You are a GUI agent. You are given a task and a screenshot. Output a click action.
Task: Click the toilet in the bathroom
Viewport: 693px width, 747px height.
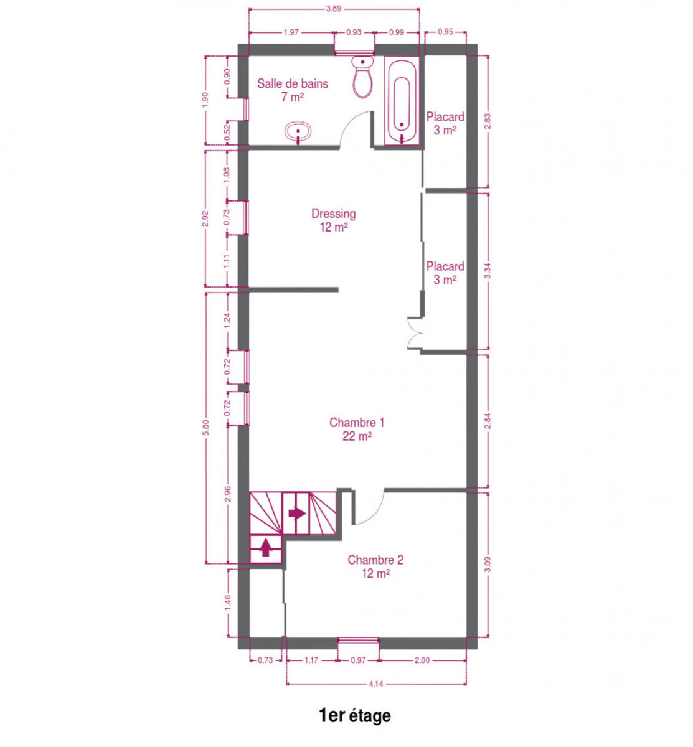point(362,77)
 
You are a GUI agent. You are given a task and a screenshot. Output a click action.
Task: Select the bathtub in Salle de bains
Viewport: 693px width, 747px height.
point(402,100)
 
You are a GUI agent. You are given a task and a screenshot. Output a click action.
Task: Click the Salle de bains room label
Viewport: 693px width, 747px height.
point(292,90)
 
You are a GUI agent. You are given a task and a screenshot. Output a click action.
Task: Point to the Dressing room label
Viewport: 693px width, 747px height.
point(333,220)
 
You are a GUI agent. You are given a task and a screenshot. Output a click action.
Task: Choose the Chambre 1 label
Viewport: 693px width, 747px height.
point(357,429)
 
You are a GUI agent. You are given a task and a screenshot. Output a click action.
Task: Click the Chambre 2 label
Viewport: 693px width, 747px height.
point(375,566)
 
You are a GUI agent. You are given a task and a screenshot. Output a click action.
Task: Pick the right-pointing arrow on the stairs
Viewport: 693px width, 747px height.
point(297,514)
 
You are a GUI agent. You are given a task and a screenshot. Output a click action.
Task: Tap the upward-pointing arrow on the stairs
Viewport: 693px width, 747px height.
point(266,547)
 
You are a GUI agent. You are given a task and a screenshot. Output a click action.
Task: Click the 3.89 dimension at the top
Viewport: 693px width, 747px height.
point(333,9)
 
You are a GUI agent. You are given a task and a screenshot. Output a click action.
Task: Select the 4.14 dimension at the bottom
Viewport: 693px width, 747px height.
point(376,684)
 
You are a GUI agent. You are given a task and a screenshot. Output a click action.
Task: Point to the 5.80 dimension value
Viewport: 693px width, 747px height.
point(205,427)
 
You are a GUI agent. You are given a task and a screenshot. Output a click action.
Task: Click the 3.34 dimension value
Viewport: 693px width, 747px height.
point(488,271)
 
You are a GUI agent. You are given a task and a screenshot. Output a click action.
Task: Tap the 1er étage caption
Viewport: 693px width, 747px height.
point(354,715)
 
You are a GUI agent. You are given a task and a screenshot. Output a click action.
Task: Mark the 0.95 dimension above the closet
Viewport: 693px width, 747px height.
point(445,32)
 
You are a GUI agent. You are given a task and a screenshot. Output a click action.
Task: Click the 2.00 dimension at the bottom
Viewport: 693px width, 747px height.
point(422,660)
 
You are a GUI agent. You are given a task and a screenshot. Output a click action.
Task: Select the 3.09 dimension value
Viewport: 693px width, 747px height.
point(488,564)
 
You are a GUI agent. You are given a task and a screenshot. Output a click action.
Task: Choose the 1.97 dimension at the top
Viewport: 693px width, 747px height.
point(291,32)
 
